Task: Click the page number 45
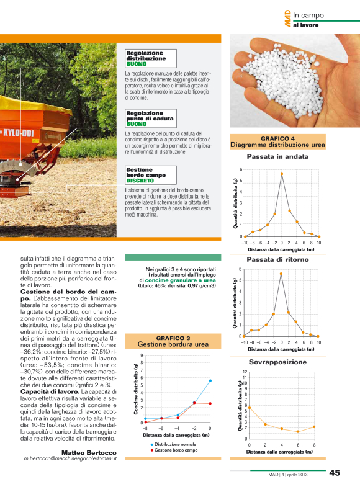[335, 473]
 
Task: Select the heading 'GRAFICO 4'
[277, 138]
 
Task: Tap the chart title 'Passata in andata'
[277, 157]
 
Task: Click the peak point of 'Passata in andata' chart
[281, 174]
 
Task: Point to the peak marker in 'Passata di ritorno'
[281, 274]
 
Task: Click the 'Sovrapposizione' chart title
[277, 361]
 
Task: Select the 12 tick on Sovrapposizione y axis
[245, 372]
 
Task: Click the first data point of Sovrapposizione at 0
[250, 408]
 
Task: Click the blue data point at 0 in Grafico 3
[210, 380]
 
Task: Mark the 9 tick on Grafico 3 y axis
[142, 356]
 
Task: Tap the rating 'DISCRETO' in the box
[140, 181]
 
